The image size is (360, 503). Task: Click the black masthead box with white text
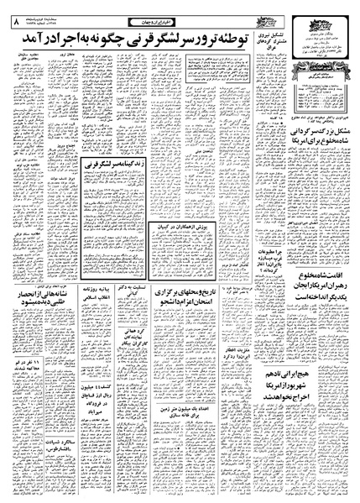[316, 89]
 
